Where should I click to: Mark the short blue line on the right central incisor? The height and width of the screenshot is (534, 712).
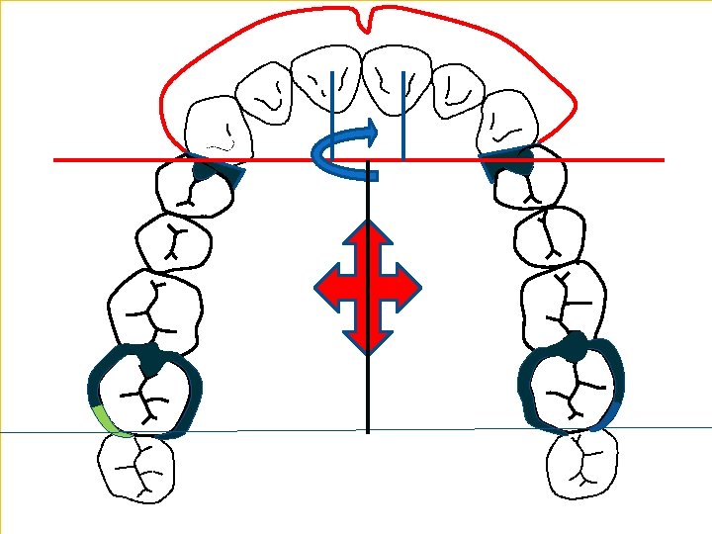402,114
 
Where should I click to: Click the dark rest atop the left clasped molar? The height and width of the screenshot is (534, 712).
150,358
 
